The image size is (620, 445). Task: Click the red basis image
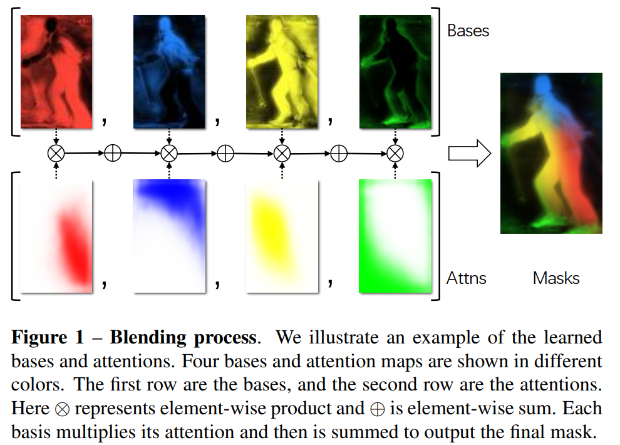tap(56, 71)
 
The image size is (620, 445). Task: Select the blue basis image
tap(169, 71)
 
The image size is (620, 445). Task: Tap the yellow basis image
tap(282, 71)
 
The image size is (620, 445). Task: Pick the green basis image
tap(395, 71)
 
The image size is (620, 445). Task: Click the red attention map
tap(56, 236)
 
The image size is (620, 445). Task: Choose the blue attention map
tap(169, 236)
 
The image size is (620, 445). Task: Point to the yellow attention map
tap(282, 236)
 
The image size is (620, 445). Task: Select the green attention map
tap(395, 236)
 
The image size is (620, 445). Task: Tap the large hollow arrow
tap(470, 153)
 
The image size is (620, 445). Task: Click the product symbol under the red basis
tap(56, 152)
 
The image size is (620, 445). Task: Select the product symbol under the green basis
tap(395, 152)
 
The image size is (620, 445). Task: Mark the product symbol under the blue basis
tap(169, 152)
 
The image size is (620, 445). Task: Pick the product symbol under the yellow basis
tap(282, 152)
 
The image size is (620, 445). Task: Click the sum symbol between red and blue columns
tap(113, 152)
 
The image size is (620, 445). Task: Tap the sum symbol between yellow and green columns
tap(339, 152)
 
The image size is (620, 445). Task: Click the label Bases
tap(468, 31)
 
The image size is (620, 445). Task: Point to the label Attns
tap(467, 278)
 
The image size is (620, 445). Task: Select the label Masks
tap(556, 278)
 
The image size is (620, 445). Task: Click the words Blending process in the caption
tap(183, 338)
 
